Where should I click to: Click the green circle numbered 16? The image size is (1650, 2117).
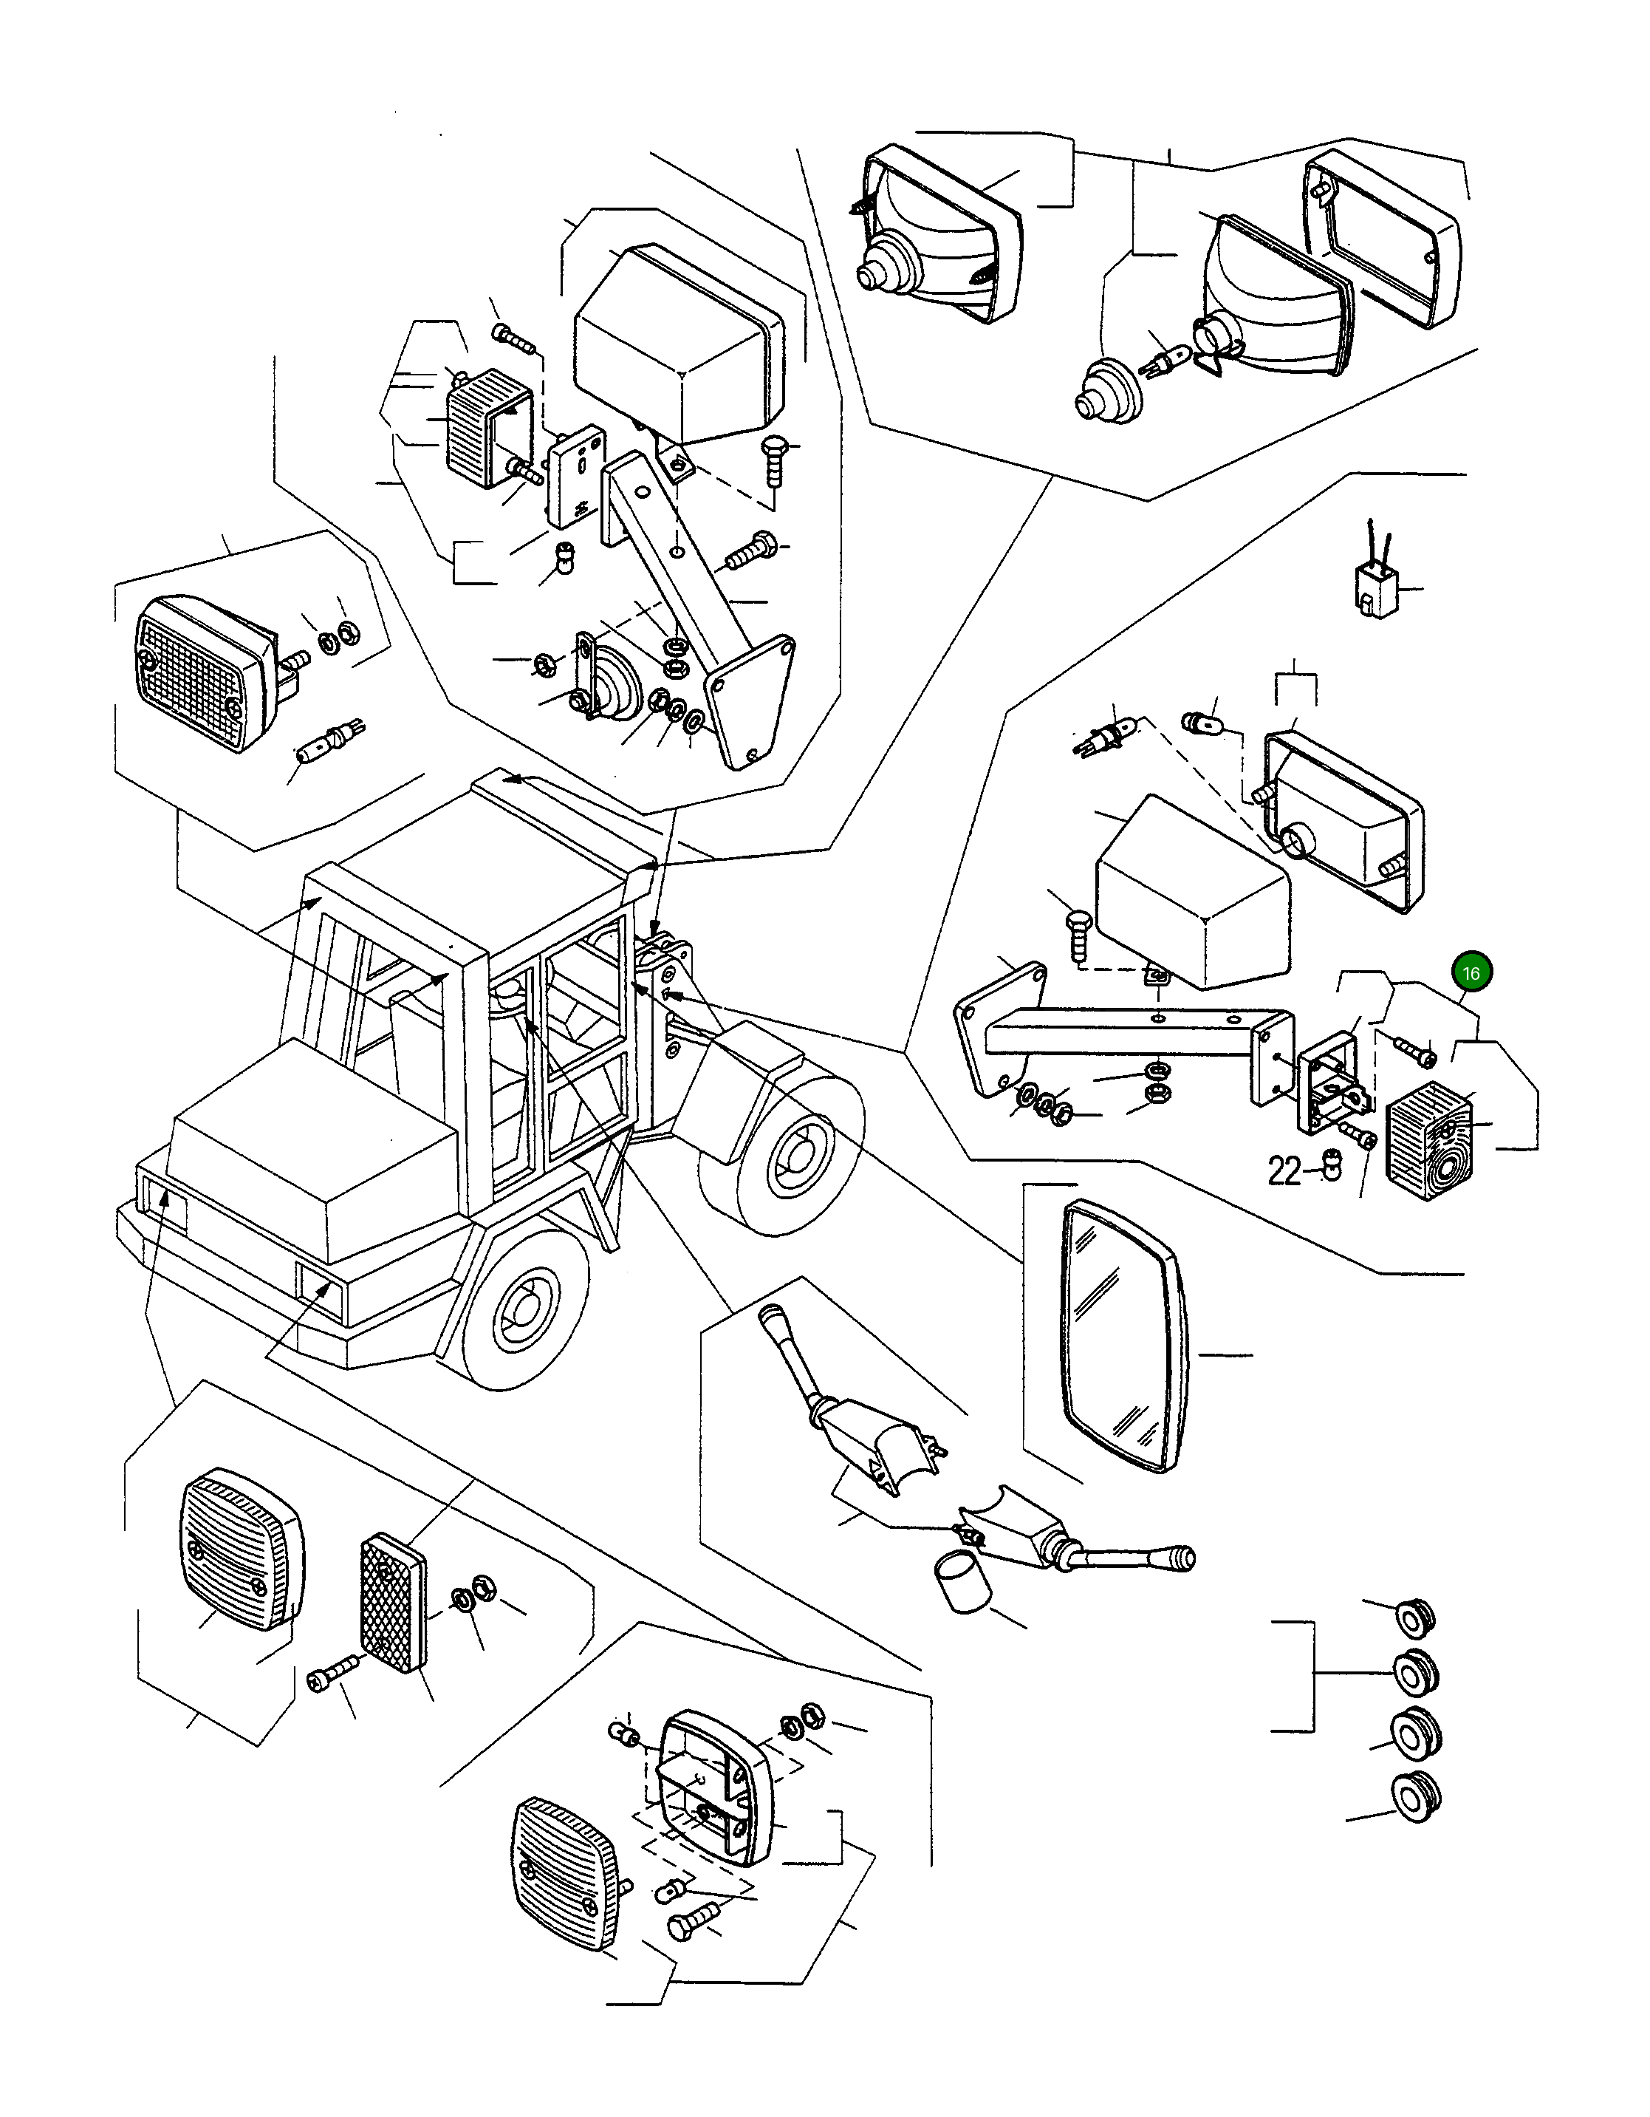[x=1471, y=972]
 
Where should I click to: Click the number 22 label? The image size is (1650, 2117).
[x=1284, y=1172]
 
